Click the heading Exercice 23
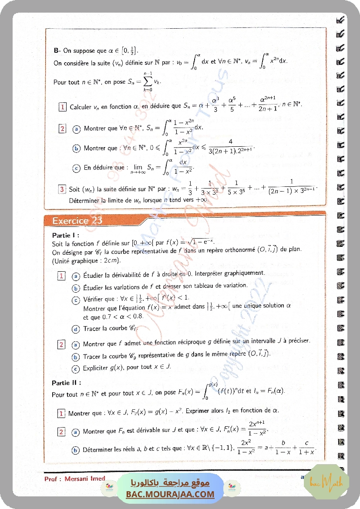pyautogui.click(x=77, y=220)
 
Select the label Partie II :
pyautogui.click(x=66, y=383)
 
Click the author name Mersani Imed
pyautogui.click(x=85, y=479)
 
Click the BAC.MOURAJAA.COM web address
pyautogui.click(x=170, y=494)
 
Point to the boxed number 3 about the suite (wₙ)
pyautogui.click(x=63, y=189)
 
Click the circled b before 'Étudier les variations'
pyautogui.click(x=76, y=288)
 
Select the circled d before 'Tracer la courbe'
pyautogui.click(x=76, y=329)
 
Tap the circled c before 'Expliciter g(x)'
pyautogui.click(x=76, y=368)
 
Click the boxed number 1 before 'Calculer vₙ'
pyautogui.click(x=63, y=107)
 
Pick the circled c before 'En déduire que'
pyautogui.click(x=76, y=168)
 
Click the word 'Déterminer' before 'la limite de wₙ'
pyautogui.click(x=83, y=201)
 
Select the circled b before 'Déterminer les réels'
pyautogui.click(x=76, y=449)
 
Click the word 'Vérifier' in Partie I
pyautogui.click(x=94, y=300)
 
